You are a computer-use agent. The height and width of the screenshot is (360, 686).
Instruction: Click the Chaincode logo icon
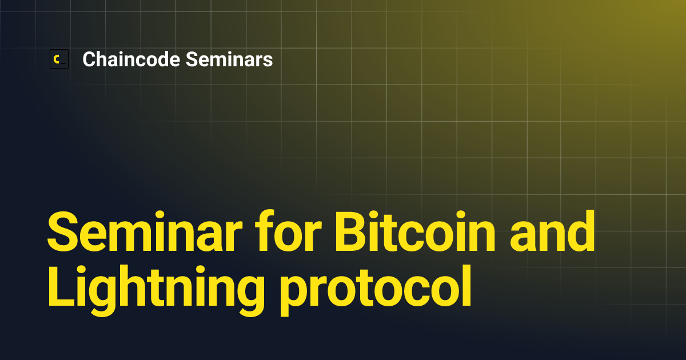(x=59, y=59)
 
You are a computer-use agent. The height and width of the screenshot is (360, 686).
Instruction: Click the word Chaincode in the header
(x=131, y=59)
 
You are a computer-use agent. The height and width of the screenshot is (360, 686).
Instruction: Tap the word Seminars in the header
(x=229, y=59)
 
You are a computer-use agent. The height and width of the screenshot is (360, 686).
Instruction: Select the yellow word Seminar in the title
(x=145, y=231)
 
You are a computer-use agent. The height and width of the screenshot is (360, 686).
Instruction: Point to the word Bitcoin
(x=414, y=231)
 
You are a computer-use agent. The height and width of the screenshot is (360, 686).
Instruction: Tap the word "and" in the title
(x=552, y=231)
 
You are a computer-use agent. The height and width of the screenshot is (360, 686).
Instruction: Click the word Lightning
(x=156, y=290)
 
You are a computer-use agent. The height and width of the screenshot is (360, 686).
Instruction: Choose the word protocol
(x=376, y=290)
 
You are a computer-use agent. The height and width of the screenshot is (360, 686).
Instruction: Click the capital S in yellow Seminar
(x=63, y=231)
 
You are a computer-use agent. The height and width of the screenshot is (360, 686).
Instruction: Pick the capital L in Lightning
(x=61, y=286)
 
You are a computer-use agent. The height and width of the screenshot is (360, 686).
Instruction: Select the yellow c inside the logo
(x=57, y=59)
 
